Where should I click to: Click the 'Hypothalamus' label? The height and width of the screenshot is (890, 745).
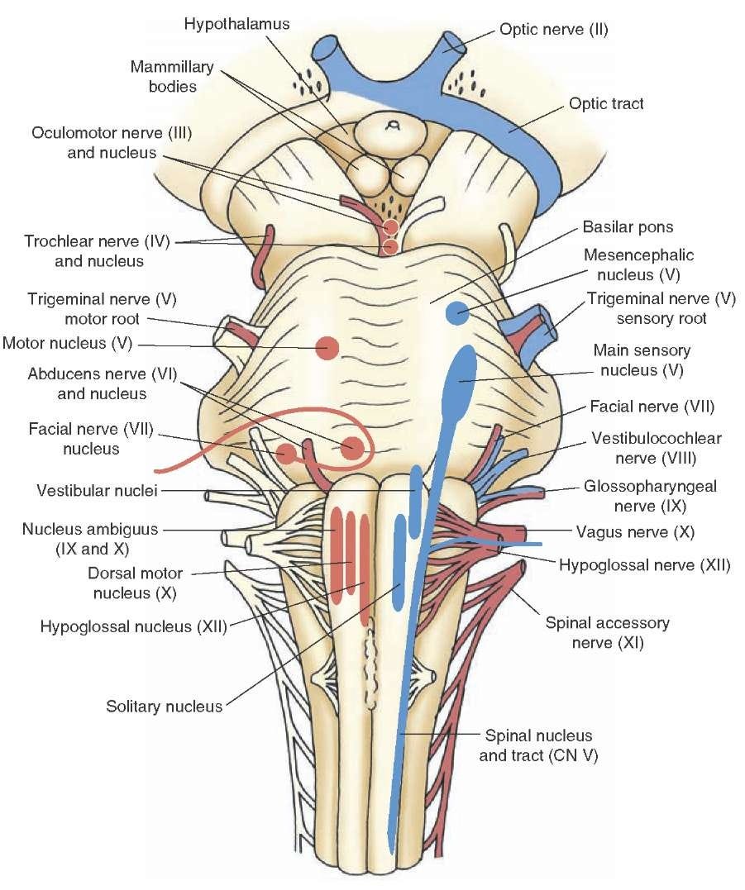click(x=236, y=24)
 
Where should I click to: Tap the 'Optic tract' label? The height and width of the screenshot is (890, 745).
click(x=606, y=104)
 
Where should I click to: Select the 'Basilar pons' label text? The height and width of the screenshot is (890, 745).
click(x=628, y=227)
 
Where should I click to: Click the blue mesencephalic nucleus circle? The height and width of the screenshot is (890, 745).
click(x=458, y=313)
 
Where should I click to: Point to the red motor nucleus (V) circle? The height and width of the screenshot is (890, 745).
click(x=327, y=348)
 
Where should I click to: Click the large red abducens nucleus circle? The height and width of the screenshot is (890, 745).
click(x=352, y=448)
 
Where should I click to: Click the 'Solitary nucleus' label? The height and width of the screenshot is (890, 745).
click(x=164, y=707)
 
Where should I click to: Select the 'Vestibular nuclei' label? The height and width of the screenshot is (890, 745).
click(x=97, y=490)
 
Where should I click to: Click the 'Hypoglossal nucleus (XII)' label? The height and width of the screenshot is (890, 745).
click(x=133, y=626)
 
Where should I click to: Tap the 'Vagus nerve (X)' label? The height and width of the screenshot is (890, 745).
click(x=635, y=532)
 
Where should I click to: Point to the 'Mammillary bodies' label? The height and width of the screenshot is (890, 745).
click(x=172, y=77)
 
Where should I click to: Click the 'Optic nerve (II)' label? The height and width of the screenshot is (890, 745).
click(x=554, y=30)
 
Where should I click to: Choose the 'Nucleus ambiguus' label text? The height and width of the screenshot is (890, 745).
click(x=90, y=530)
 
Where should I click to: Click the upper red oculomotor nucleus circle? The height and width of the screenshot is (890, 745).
click(x=390, y=227)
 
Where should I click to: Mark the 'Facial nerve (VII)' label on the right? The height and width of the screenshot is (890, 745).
click(x=652, y=407)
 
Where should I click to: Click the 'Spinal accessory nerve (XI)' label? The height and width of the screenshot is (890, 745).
click(x=607, y=633)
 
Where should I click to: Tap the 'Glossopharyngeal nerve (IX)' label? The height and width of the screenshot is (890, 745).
click(x=650, y=496)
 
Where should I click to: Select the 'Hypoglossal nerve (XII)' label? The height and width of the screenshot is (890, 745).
click(x=644, y=565)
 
